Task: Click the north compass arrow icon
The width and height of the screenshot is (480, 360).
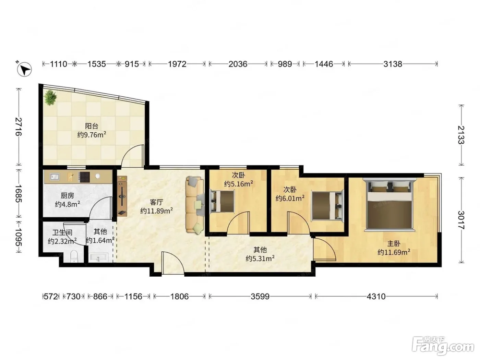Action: click(24, 69)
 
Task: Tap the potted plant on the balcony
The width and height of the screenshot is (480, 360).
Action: click(50, 97)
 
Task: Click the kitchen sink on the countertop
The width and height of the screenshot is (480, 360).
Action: click(55, 176)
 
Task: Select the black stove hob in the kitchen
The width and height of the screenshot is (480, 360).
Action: click(84, 177)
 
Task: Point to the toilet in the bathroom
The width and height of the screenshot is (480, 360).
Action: click(74, 256)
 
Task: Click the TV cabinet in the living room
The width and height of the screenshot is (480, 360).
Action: click(122, 196)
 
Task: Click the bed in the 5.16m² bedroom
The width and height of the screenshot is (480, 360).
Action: click(222, 201)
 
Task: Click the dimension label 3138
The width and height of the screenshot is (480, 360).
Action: click(393, 64)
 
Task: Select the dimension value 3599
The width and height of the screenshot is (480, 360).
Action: click(260, 296)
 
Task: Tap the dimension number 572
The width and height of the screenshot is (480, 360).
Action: click(51, 296)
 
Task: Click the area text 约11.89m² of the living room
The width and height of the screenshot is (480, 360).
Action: click(156, 211)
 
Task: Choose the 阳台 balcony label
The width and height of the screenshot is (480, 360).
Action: click(92, 126)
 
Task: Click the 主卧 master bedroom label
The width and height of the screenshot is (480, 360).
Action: click(394, 243)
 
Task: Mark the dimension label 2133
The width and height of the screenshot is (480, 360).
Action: click(461, 135)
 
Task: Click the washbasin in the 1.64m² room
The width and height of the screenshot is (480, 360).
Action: click(98, 257)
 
